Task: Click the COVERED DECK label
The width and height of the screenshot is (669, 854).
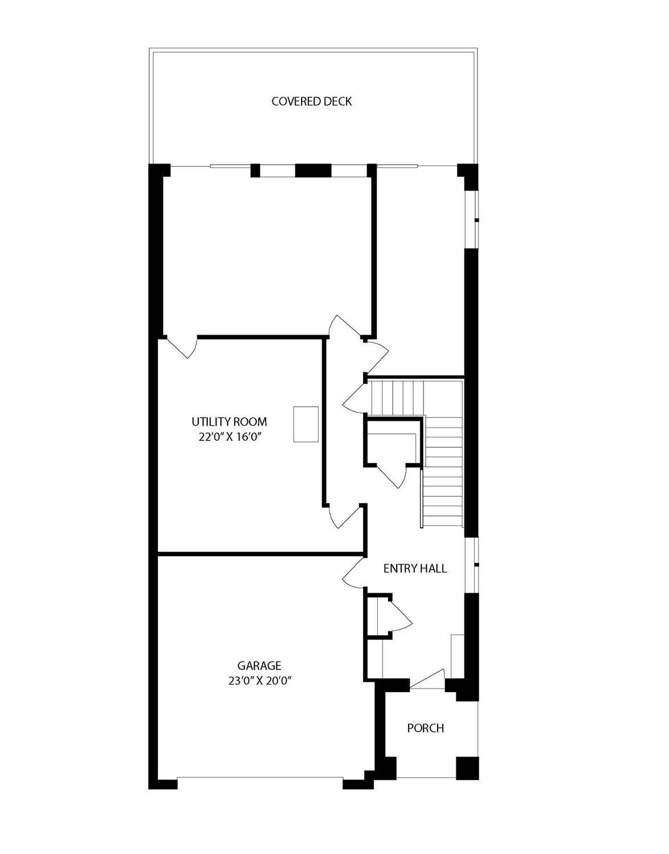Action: pos(312,101)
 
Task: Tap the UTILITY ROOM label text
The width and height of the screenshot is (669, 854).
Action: pos(229,422)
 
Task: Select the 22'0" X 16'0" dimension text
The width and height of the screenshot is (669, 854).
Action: pos(229,437)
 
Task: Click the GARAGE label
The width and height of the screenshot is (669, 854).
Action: pos(259,665)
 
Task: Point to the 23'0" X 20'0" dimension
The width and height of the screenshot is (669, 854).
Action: pos(259,680)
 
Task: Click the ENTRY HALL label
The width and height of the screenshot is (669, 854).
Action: pos(415,569)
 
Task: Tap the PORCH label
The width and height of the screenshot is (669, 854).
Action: pos(425,728)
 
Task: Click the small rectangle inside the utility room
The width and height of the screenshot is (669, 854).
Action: pos(306,424)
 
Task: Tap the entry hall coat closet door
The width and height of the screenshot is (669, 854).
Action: pos(400,615)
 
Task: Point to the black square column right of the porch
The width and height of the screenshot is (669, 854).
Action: pos(467,769)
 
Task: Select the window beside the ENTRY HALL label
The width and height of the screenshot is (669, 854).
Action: pos(472,565)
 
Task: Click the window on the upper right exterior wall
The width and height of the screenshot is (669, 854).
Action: pos(472,219)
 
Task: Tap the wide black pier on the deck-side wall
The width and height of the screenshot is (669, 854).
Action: pos(313,170)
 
